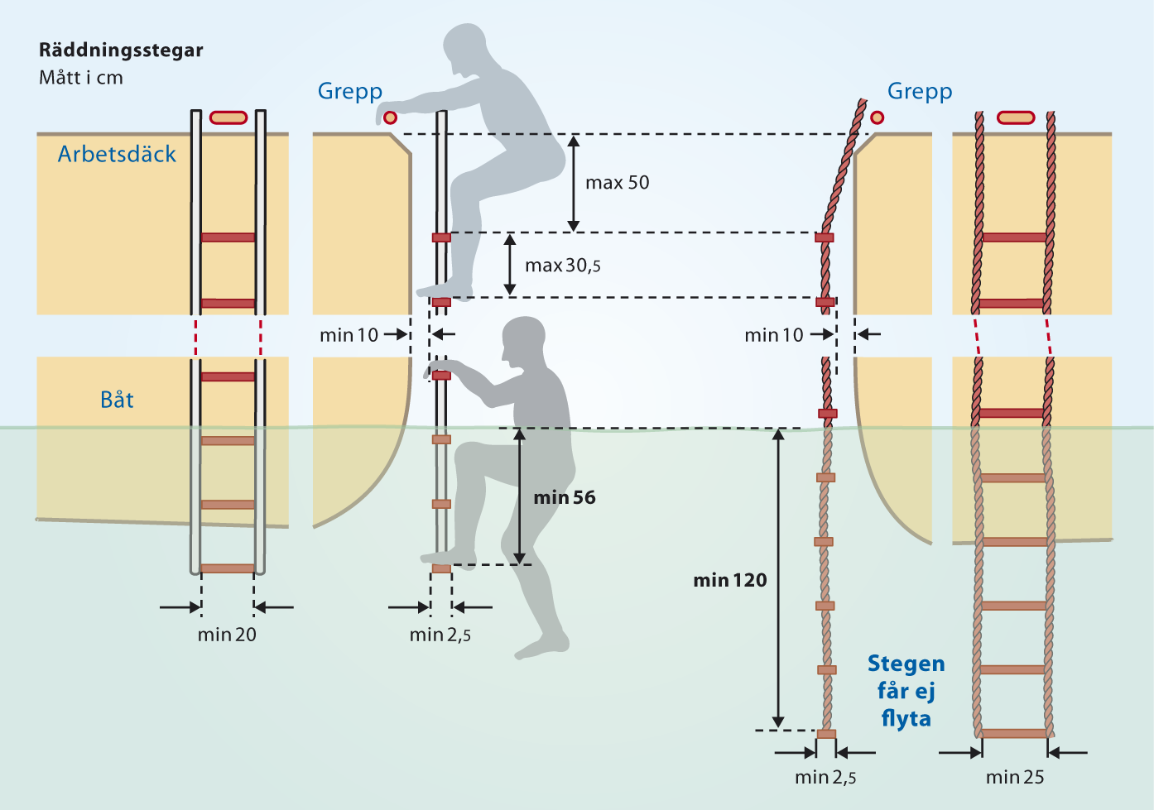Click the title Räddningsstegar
pyautogui.click(x=121, y=50)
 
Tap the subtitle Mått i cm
pyautogui.click(x=81, y=78)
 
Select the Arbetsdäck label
pyautogui.click(x=117, y=154)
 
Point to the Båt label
pyautogui.click(x=117, y=400)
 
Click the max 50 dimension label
pyautogui.click(x=617, y=183)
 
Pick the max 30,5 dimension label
pyautogui.click(x=563, y=266)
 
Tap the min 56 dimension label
pyautogui.click(x=565, y=497)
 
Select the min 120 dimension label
pyautogui.click(x=730, y=581)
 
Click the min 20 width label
pyautogui.click(x=227, y=635)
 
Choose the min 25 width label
pyautogui.click(x=1015, y=777)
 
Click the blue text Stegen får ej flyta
pyautogui.click(x=906, y=691)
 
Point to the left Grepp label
pyautogui.click(x=350, y=91)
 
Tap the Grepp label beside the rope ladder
pyautogui.click(x=920, y=91)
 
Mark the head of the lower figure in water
pyautogui.click(x=524, y=339)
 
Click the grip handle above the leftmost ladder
pyautogui.click(x=228, y=117)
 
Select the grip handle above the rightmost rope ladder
pyautogui.click(x=1016, y=117)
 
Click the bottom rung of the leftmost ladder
pyautogui.click(x=228, y=568)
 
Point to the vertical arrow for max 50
pyautogui.click(x=573, y=183)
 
